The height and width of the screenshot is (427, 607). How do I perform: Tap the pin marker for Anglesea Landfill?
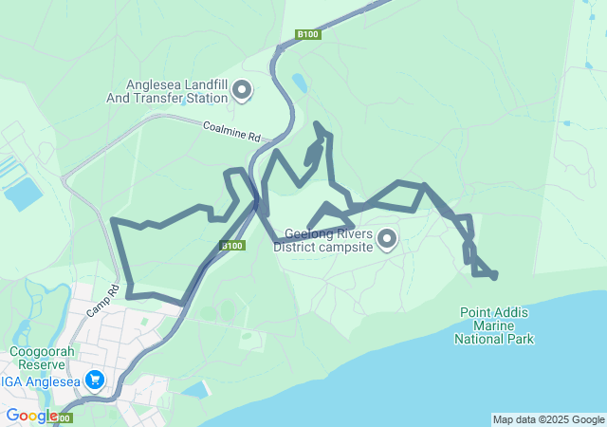click(242, 90)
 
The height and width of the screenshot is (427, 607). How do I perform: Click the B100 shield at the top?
click(308, 34)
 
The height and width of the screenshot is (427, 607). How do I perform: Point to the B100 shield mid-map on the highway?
click(233, 246)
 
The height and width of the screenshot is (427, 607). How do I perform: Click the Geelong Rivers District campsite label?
click(325, 240)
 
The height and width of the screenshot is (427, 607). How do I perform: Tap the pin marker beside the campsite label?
click(387, 239)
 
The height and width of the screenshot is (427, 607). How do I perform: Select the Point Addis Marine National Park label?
click(494, 325)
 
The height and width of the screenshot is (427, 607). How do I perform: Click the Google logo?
click(31, 416)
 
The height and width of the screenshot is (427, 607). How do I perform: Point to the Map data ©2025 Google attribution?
click(548, 419)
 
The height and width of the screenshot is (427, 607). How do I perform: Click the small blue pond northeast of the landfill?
click(300, 83)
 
